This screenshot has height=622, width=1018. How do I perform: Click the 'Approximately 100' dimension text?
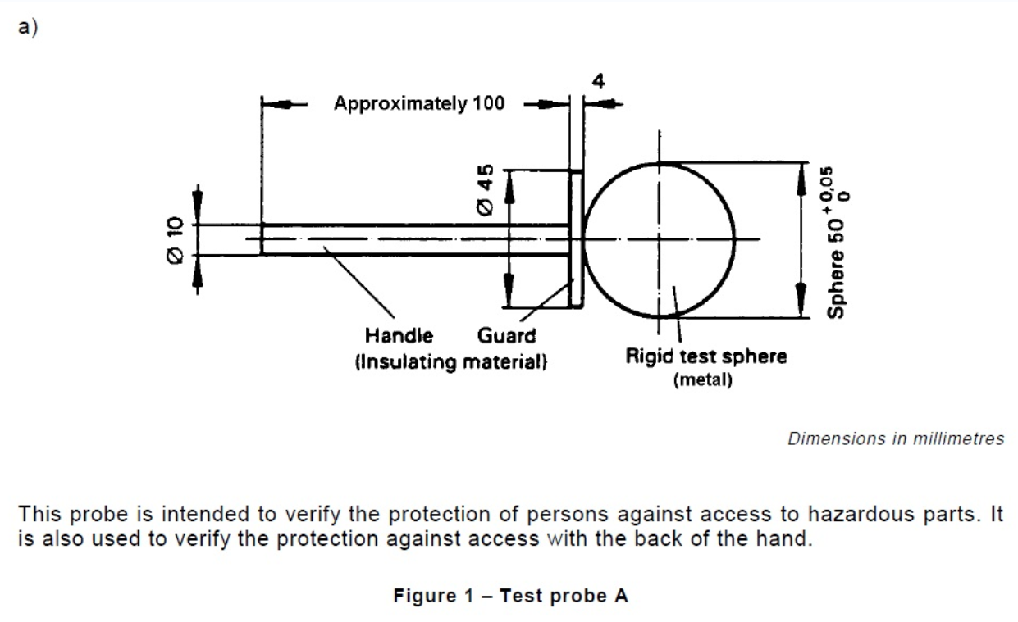click(x=419, y=104)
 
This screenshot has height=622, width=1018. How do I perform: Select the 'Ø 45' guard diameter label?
click(x=486, y=190)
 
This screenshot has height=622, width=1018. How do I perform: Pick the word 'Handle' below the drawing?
click(x=399, y=335)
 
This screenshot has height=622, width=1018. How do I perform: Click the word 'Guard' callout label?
click(x=506, y=335)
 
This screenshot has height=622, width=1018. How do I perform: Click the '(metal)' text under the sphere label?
click(x=702, y=381)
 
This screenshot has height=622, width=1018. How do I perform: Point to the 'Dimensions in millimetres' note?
click(x=895, y=438)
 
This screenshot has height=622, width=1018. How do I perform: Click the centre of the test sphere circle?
click(x=659, y=239)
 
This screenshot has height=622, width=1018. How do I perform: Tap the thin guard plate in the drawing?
click(x=575, y=239)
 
